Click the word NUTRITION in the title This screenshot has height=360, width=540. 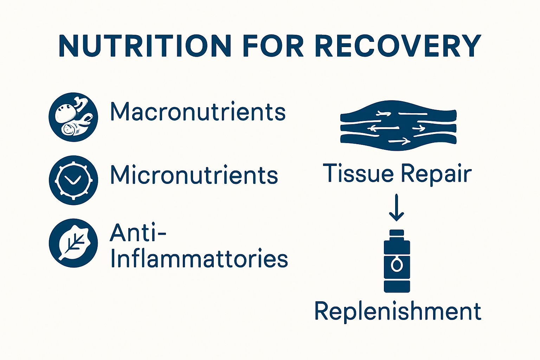[144, 46]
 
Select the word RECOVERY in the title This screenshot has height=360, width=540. [398, 46]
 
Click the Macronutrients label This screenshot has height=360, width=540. [198, 112]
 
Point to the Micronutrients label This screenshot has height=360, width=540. [194, 175]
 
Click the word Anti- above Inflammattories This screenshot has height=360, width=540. [138, 233]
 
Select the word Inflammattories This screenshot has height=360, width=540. [199, 259]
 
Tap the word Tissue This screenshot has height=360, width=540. [358, 173]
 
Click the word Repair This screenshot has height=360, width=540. [436, 174]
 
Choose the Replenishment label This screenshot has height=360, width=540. [398, 311]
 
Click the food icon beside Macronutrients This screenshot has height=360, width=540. [73, 117]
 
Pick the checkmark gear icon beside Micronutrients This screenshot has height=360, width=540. [73, 180]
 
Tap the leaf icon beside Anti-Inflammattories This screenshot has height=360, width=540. [73, 243]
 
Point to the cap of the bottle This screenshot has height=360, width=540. [397, 233]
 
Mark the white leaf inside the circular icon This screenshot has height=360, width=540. [75, 243]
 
